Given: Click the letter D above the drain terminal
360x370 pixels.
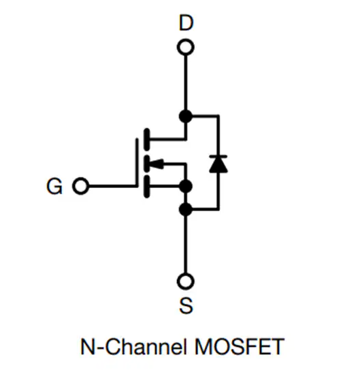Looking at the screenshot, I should click(186, 23).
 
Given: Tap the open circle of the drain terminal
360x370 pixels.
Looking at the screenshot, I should click(186, 47).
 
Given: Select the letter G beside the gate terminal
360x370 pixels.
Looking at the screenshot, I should click(54, 186).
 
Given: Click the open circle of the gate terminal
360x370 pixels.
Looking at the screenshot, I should click(81, 186).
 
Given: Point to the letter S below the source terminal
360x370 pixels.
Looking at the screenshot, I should click(186, 306).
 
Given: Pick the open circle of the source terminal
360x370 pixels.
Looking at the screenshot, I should click(186, 281).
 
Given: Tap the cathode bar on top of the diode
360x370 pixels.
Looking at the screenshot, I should click(218, 156).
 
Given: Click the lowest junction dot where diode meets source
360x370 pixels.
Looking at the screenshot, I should click(186, 208).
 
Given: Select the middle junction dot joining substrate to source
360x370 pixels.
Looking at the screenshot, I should click(186, 185).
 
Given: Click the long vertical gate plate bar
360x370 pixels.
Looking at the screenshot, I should click(137, 164).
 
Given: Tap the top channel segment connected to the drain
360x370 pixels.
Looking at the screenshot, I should click(146, 138).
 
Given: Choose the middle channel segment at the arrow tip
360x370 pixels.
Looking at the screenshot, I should click(146, 164).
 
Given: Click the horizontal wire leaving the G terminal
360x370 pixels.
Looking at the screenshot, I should click(109, 186).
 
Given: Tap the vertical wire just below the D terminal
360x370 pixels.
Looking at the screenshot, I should click(186, 82).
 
